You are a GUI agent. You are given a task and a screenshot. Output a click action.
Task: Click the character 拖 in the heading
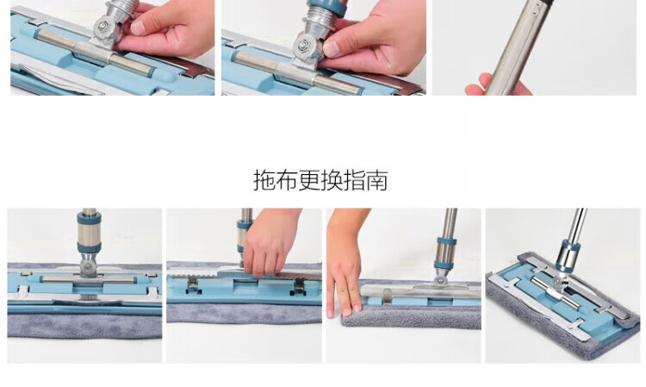[264, 180]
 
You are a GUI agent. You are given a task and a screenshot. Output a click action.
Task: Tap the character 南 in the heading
[377, 180]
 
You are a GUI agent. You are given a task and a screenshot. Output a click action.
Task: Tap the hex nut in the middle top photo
[304, 45]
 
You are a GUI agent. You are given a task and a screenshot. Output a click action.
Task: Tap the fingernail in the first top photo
[138, 28]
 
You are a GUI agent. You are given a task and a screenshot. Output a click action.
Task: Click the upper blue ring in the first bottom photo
[89, 218]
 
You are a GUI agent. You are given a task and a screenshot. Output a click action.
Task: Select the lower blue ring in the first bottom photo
[89, 247]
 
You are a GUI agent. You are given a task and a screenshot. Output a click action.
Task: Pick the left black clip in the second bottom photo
[193, 285]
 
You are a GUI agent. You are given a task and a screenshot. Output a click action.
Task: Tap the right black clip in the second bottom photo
[298, 287]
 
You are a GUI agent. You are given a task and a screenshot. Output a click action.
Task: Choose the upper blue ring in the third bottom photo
[447, 241]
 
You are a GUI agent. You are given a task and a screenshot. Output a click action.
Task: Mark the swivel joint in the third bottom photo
[440, 278]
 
